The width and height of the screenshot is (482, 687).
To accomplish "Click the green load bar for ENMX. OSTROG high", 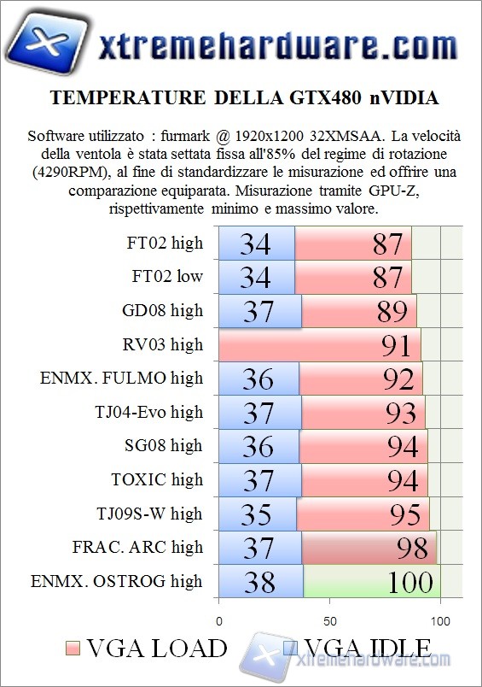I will [373, 582].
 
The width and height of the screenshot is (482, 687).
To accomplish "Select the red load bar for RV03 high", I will [319, 344].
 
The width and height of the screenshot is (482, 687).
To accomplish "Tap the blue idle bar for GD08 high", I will [259, 311].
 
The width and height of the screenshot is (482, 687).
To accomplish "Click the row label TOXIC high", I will [157, 479].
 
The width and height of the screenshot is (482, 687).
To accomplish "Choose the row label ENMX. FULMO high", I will [122, 378].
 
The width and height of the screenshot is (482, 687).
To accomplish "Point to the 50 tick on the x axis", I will [329, 620].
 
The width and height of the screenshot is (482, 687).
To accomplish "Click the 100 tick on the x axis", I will [440, 620].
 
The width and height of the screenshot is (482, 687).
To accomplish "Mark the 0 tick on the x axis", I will [219, 620].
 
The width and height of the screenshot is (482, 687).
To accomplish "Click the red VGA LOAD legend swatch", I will [72, 648].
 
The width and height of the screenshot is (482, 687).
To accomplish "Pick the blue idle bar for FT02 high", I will [257, 244].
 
